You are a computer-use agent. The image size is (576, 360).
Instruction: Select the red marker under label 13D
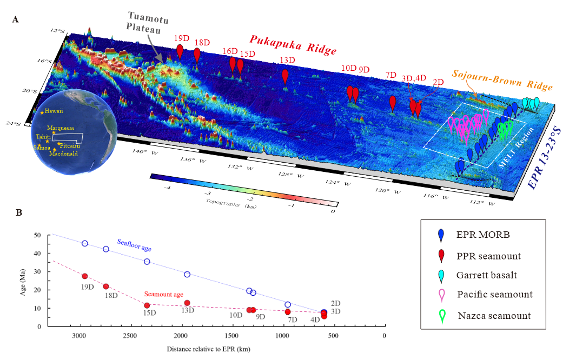coord(285,75)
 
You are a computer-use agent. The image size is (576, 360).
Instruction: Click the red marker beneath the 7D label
coord(393,102)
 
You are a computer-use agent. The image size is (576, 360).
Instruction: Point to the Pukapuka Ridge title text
coord(293,44)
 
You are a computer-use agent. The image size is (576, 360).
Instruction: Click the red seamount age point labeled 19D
coord(85,276)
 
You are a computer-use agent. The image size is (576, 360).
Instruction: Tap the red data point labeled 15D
coord(147,305)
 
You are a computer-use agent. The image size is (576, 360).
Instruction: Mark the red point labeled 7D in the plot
coord(288,312)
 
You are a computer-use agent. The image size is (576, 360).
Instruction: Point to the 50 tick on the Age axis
coord(37,235)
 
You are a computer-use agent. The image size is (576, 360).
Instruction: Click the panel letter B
coord(19,213)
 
